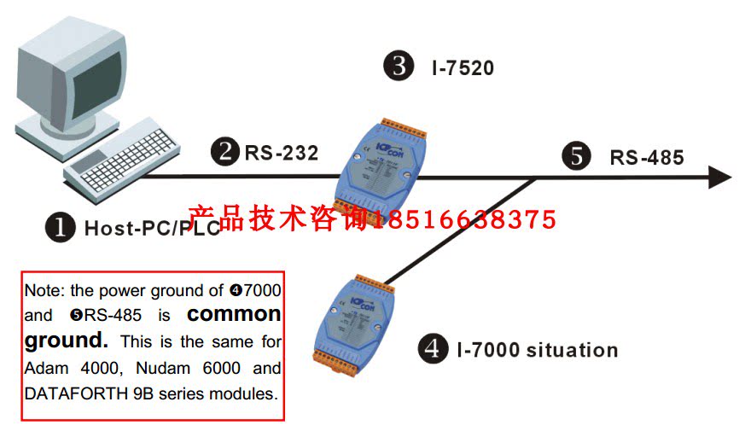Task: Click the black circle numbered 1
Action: tap(61, 227)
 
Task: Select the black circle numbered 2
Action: tap(227, 153)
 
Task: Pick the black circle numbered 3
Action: tap(399, 67)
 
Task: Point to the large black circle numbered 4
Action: tap(433, 349)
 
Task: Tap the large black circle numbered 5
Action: tap(577, 156)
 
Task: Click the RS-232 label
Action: tap(282, 154)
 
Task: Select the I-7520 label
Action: tap(463, 67)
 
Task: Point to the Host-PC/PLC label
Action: tap(152, 229)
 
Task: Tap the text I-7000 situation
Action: tap(537, 350)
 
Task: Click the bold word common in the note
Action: tap(234, 313)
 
